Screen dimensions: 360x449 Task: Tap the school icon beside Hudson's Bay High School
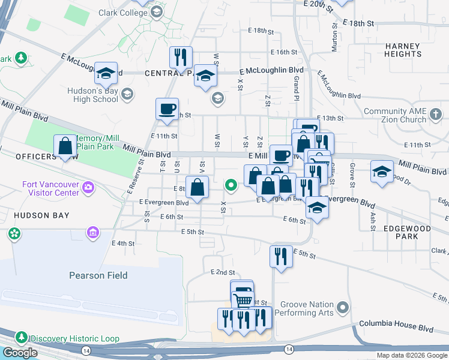127,93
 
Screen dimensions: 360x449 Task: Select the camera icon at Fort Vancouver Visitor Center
88,188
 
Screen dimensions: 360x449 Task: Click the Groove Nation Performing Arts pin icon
343,308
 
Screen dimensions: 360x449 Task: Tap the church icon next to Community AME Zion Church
436,114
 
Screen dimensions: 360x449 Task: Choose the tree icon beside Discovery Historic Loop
22,338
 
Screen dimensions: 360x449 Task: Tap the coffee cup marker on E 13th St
167,109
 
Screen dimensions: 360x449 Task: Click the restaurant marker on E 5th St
281,256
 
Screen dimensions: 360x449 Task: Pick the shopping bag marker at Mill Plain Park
65,146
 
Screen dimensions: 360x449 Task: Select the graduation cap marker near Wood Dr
382,172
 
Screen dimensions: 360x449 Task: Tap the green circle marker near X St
231,186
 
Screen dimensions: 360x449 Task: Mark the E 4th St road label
123,243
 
